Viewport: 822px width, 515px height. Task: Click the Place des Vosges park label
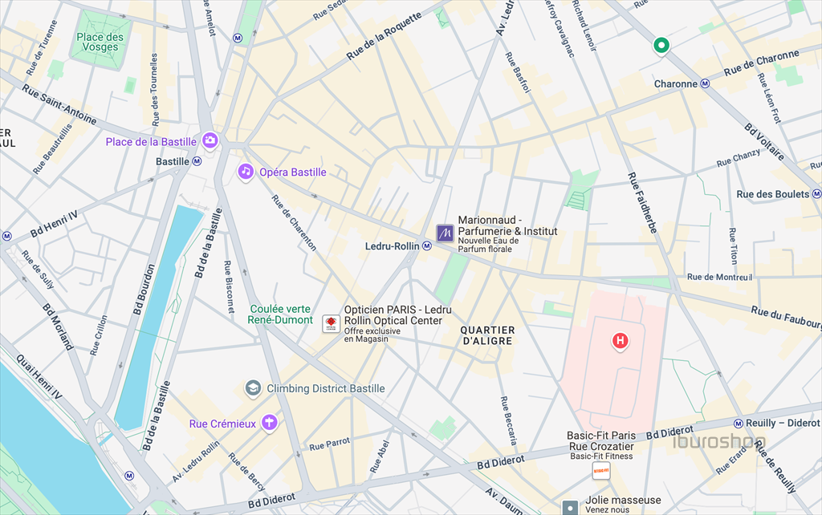(x=100, y=42)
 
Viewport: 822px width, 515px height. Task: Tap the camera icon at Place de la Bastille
(x=210, y=141)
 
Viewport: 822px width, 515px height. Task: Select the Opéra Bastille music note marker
(x=246, y=172)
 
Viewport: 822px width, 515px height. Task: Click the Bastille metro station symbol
(x=197, y=161)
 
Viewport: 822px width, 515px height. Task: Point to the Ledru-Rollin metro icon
(x=428, y=246)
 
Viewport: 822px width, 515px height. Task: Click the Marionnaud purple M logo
(x=445, y=233)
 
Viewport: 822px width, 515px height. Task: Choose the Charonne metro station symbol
(x=705, y=83)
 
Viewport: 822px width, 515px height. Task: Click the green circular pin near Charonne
(x=661, y=46)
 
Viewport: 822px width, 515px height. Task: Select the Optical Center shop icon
(x=329, y=323)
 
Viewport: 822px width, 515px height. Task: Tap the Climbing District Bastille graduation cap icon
(x=254, y=389)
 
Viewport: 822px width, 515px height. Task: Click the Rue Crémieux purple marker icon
(x=269, y=421)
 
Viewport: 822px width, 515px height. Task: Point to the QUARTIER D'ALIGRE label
(x=487, y=335)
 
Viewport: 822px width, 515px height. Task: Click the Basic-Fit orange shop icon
(x=601, y=471)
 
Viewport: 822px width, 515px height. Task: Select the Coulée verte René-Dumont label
(x=280, y=314)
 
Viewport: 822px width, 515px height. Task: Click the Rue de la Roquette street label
(x=384, y=37)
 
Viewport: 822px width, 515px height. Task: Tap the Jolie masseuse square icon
(x=570, y=507)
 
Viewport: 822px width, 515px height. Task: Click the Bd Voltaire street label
(x=764, y=142)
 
